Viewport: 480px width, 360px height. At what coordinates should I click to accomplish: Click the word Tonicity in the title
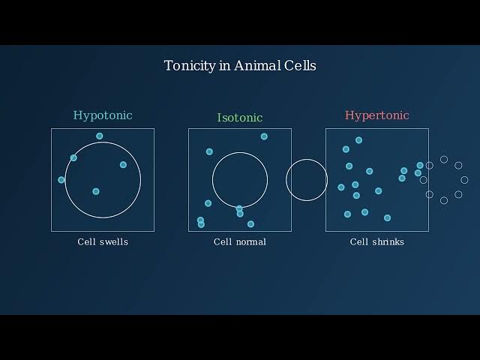tap(190, 66)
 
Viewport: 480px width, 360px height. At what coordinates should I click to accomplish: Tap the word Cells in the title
tap(300, 65)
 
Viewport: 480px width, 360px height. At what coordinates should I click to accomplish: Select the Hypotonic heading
tap(103, 115)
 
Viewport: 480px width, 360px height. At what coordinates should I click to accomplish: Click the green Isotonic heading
tap(240, 118)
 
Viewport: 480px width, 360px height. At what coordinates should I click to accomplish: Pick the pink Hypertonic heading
tap(376, 115)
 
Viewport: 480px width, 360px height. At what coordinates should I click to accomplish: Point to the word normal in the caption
tap(253, 241)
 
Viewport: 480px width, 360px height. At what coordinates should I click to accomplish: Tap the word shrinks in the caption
tap(388, 241)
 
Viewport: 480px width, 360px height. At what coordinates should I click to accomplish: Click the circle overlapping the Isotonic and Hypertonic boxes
tap(307, 159)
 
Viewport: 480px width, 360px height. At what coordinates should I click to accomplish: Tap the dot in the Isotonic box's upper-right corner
tap(264, 136)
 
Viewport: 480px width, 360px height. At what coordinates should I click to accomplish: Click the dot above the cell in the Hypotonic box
tap(100, 136)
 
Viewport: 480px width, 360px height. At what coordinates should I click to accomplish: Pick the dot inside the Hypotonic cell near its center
tap(96, 191)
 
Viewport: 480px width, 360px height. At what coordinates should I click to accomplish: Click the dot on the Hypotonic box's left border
tap(61, 180)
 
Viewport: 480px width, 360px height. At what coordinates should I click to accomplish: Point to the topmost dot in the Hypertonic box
tap(358, 140)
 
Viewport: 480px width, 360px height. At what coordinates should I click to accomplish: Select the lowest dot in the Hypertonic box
tap(387, 218)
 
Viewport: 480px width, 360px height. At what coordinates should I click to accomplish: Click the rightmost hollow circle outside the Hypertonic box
tap(464, 180)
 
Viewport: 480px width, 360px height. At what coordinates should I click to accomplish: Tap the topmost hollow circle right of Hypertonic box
tap(444, 160)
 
